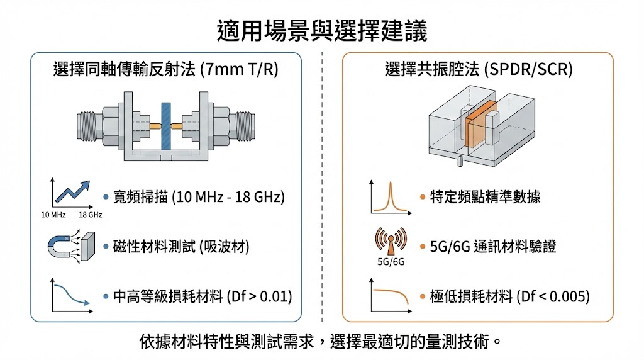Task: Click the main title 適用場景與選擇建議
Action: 321,30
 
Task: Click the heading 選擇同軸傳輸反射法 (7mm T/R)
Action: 167,69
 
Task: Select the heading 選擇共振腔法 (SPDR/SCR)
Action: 479,69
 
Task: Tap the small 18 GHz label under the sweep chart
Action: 91,215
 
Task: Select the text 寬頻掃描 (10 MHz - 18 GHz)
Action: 199,198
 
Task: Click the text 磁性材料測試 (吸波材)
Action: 181,247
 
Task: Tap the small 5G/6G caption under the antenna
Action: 390,261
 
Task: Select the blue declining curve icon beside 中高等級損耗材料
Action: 71,296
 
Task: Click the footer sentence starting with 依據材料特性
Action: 321,342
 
